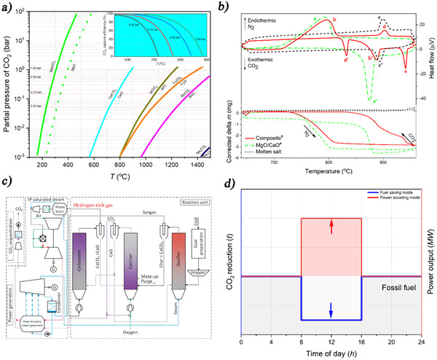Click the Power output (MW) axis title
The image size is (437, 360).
pos(429,254)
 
